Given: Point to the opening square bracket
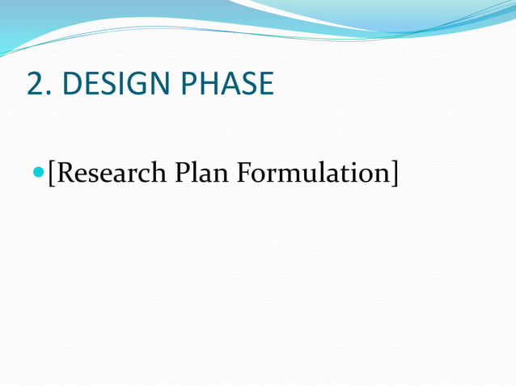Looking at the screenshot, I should tap(52, 173).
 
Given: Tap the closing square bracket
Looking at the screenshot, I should tap(395, 173).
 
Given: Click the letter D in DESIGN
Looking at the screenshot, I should tap(71, 84).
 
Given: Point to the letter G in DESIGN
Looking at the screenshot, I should tap(127, 84).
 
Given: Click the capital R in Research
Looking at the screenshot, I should tap(65, 173).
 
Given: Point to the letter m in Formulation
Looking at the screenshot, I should tap(290, 175).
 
